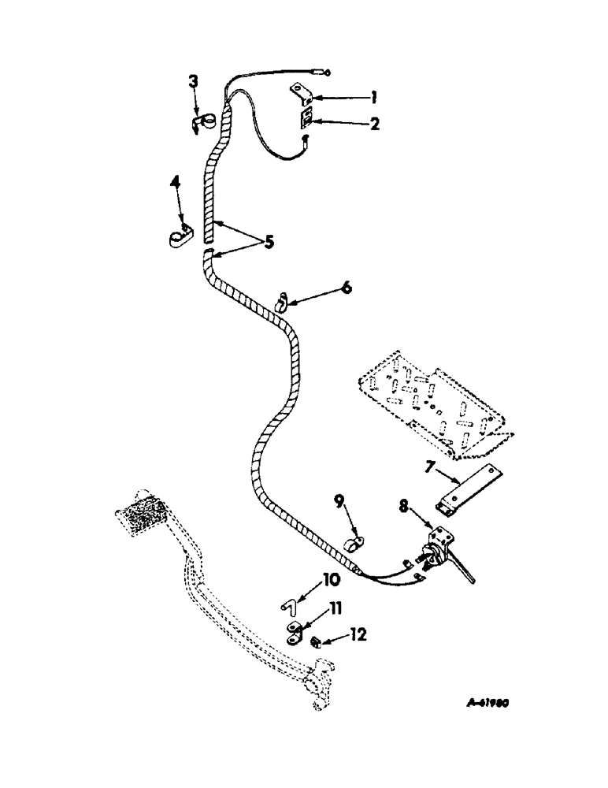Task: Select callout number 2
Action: click(x=375, y=124)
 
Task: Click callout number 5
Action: click(x=269, y=242)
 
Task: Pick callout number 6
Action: click(x=346, y=288)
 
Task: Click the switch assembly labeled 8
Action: click(x=441, y=548)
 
